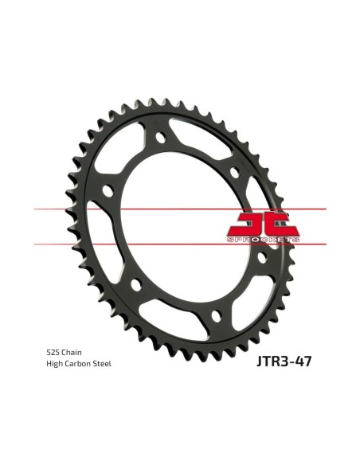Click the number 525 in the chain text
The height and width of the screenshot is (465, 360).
click(53, 353)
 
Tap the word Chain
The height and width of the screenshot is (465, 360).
click(71, 353)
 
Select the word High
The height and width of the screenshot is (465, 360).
click(54, 364)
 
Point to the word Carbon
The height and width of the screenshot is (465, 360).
click(77, 364)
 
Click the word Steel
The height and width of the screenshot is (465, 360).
click(102, 364)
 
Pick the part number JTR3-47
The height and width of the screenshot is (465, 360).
click(284, 361)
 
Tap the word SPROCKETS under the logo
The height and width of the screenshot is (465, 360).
click(263, 240)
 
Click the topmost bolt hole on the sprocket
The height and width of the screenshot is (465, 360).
click(160, 137)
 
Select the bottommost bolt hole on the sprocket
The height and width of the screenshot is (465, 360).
click(217, 315)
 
